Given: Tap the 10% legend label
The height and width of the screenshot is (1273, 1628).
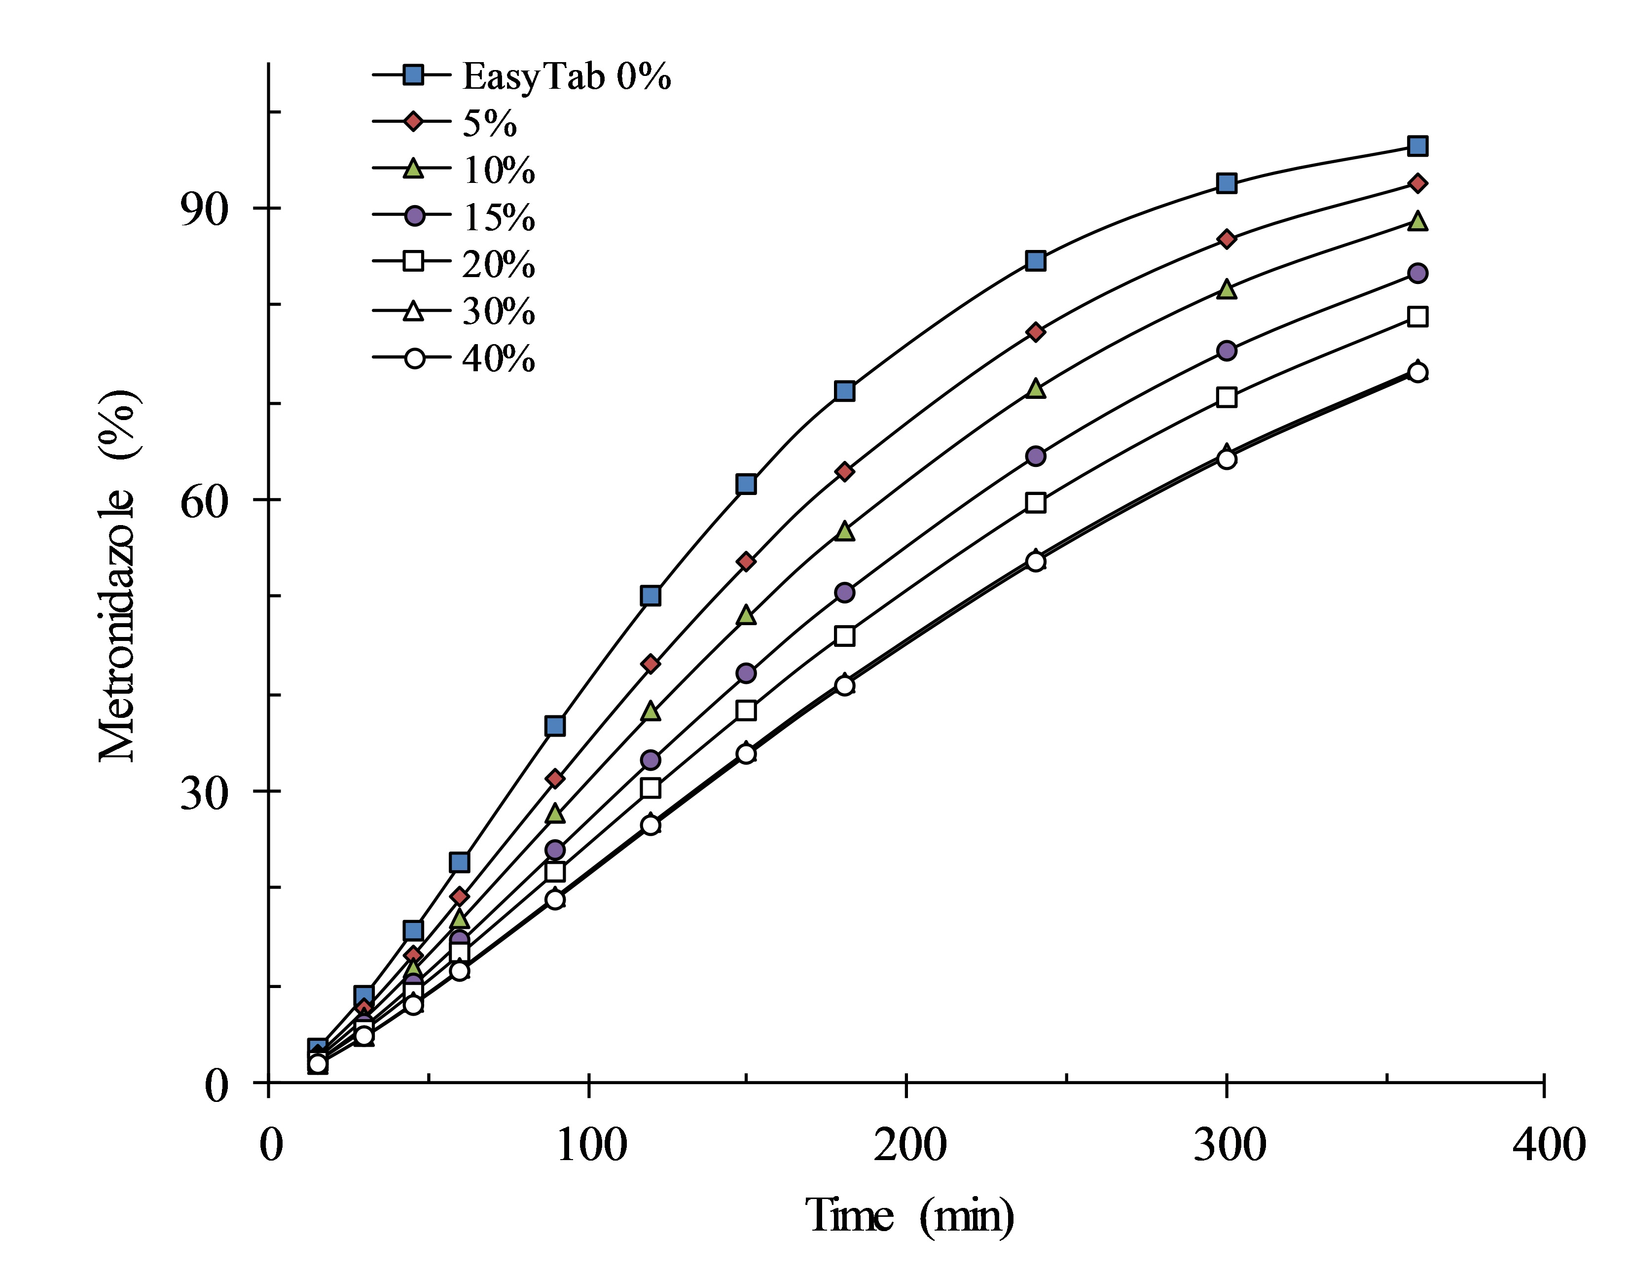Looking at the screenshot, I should click(498, 170).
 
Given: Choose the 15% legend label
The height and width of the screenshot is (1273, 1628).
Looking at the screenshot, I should click(498, 217).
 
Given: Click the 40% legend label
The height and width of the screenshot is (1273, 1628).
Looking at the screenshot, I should click(498, 358).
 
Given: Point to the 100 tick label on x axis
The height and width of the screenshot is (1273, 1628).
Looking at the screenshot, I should click(592, 1145).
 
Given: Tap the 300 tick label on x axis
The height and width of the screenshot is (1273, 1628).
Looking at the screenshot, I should click(1229, 1145).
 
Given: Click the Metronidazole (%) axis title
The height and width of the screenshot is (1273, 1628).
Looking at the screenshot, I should click(118, 575).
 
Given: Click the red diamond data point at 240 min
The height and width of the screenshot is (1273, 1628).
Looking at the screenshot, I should click(1035, 332).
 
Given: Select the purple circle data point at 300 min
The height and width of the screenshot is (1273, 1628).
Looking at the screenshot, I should click(1226, 351).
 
